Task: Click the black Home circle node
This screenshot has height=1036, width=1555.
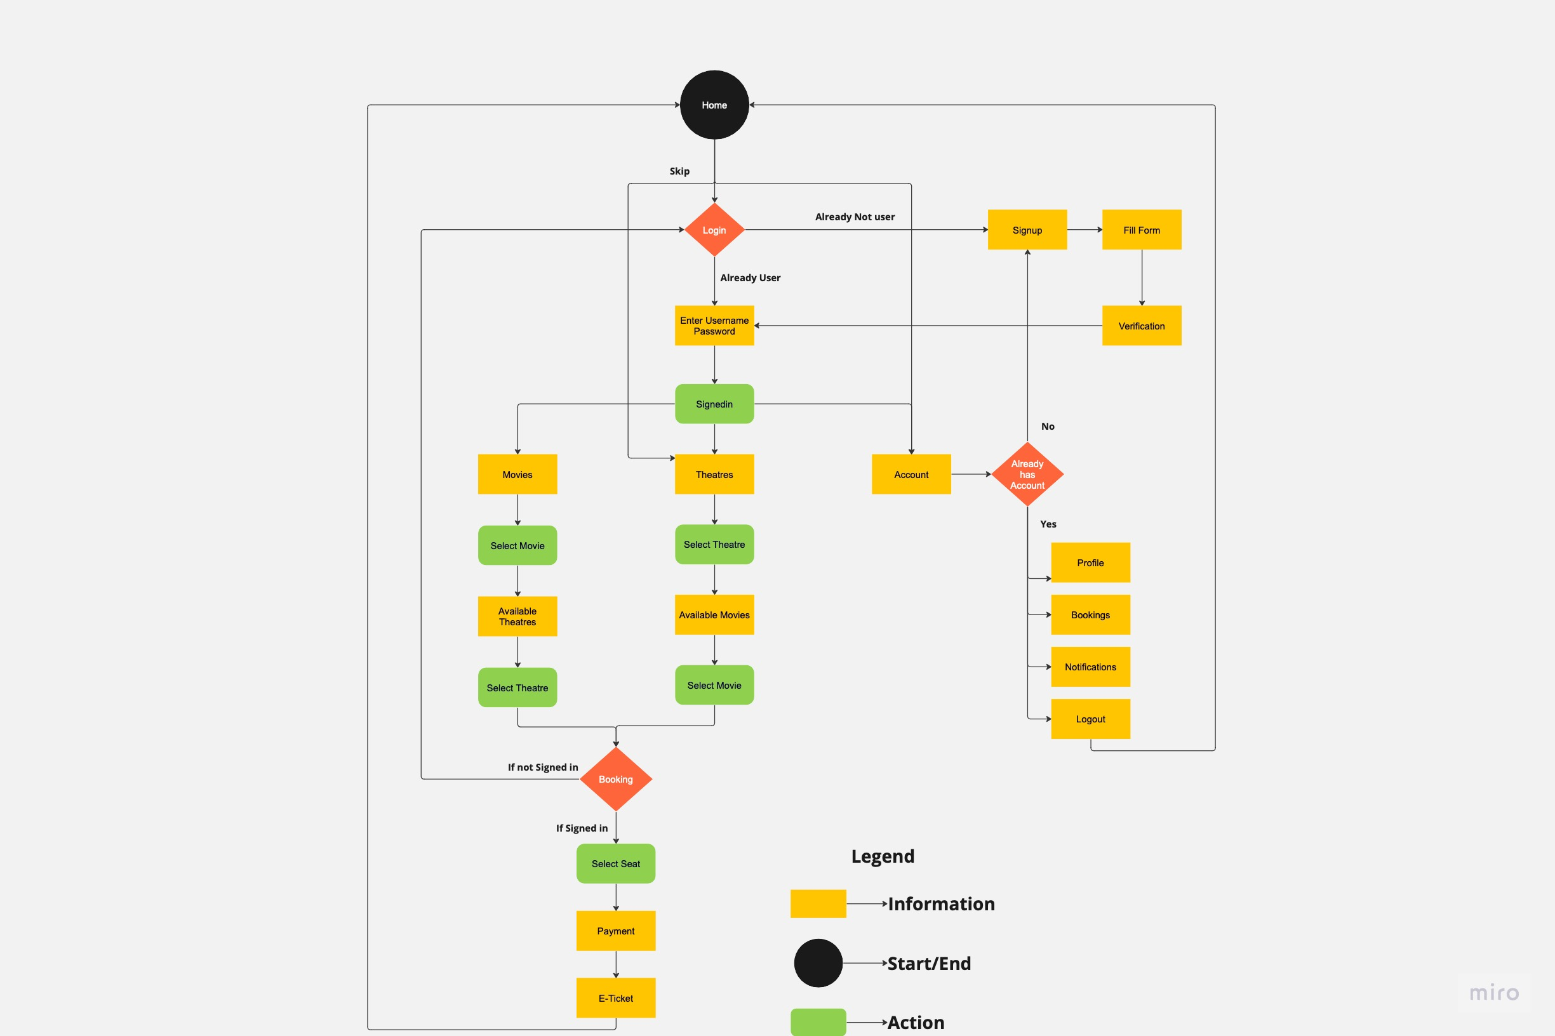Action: pyautogui.click(x=714, y=104)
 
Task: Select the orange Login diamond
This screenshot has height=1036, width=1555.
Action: pyautogui.click(x=714, y=230)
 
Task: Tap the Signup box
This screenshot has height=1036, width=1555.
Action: pyautogui.click(x=1027, y=230)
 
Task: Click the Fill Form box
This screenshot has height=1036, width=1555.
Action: pyautogui.click(x=1141, y=230)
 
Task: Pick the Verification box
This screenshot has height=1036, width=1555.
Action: pyautogui.click(x=1141, y=326)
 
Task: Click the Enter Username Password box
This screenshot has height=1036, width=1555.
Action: pyautogui.click(x=714, y=326)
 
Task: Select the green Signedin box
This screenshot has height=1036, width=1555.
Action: pyautogui.click(x=714, y=404)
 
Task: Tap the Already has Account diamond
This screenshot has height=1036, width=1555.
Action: pyautogui.click(x=1027, y=474)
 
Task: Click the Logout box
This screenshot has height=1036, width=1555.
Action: pyautogui.click(x=1090, y=719)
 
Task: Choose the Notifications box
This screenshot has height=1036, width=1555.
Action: pyautogui.click(x=1090, y=667)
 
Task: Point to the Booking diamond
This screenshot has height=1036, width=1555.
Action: pyautogui.click(x=615, y=779)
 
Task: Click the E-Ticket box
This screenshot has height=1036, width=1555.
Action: pyautogui.click(x=615, y=998)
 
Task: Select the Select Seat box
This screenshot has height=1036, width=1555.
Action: pyautogui.click(x=615, y=863)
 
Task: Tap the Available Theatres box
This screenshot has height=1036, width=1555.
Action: pyautogui.click(x=517, y=616)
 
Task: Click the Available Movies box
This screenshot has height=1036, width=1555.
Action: pyautogui.click(x=714, y=614)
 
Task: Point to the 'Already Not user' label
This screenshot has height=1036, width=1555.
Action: pyautogui.click(x=855, y=216)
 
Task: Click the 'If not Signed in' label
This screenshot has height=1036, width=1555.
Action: pyautogui.click(x=542, y=767)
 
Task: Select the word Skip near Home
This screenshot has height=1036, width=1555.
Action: pyautogui.click(x=679, y=171)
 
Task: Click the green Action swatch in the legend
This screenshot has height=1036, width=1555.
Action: pyautogui.click(x=818, y=1021)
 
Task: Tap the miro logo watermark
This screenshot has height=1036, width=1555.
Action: pyautogui.click(x=1493, y=992)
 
